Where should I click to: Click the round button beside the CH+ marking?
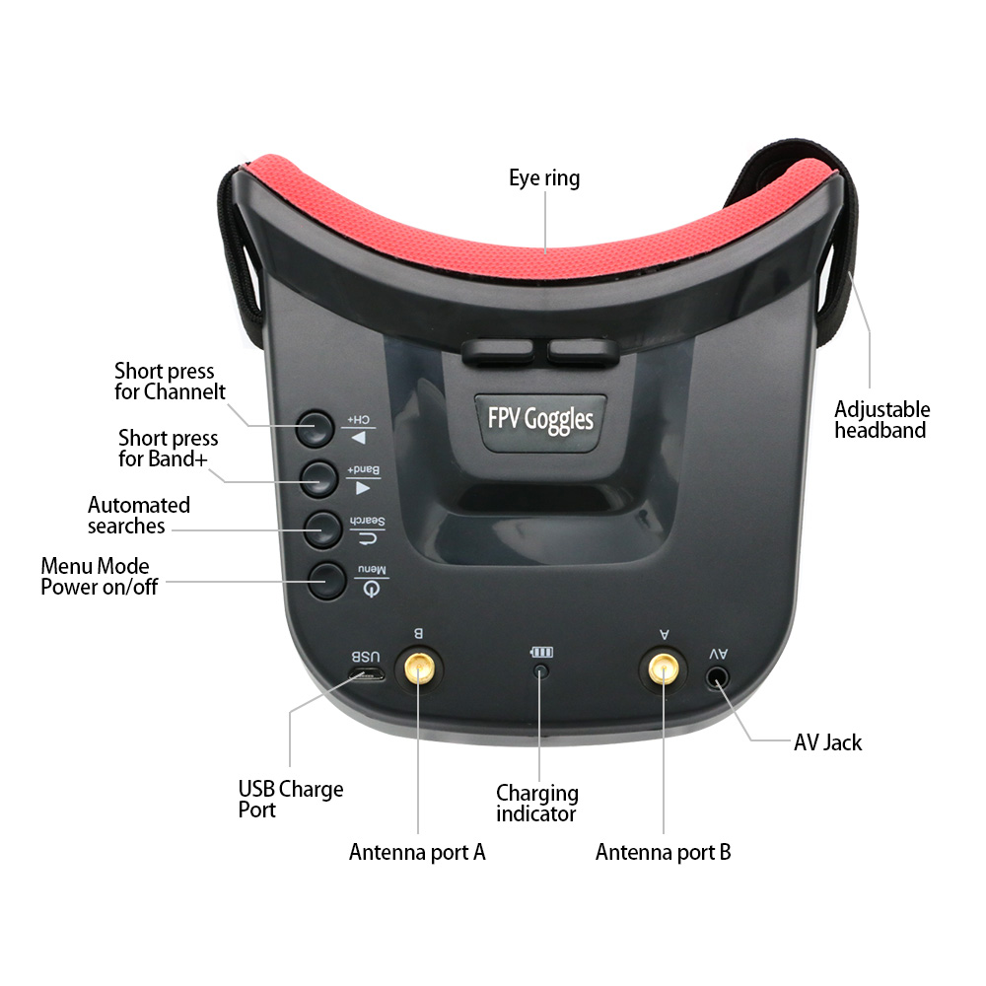coord(316,429)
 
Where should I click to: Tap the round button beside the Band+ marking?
coord(319,478)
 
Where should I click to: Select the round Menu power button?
coord(327,580)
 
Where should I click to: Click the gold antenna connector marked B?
coord(419,669)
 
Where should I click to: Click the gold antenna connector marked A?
coord(663,669)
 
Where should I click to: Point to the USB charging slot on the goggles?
coord(367,675)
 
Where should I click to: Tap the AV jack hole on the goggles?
coord(718,678)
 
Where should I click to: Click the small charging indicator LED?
coord(540,671)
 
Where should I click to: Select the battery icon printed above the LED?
coord(540,652)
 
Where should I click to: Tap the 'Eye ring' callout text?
coord(544,177)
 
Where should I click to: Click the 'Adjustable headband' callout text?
coord(881,419)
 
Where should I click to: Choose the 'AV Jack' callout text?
coord(827,742)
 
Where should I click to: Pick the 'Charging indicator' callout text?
coord(537,803)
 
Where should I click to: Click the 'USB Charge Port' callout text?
coord(291,799)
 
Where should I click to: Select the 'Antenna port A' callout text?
coord(417,852)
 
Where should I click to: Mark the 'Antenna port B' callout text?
coord(663,852)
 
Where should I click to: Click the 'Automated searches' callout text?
coord(138,515)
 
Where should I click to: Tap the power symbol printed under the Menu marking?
coord(372,589)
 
